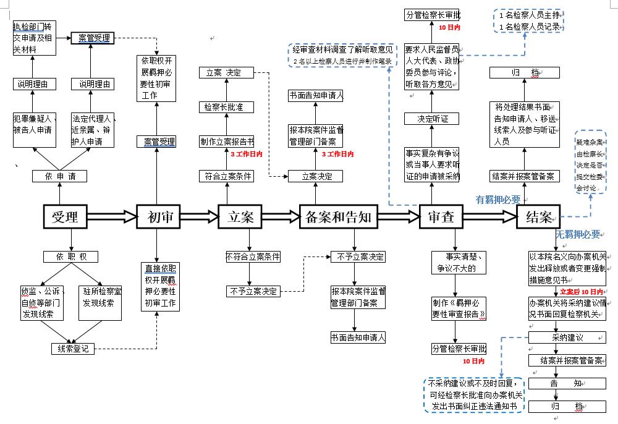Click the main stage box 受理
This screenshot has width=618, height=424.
click(65, 216)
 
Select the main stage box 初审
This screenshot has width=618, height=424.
click(158, 216)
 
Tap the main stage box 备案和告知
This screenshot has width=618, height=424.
click(338, 216)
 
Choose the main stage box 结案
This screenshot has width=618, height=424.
click(539, 216)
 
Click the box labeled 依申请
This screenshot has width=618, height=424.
click(59, 176)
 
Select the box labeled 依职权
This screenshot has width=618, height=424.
click(70, 257)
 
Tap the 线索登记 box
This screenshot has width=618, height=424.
click(73, 349)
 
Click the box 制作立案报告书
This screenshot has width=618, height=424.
click(226, 142)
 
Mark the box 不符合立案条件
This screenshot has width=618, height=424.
click(253, 257)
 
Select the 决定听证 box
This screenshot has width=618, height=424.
click(433, 119)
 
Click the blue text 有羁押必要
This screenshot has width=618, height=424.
click(497, 200)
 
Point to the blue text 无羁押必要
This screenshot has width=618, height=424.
click(578, 234)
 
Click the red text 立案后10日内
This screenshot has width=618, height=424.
click(582, 291)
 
